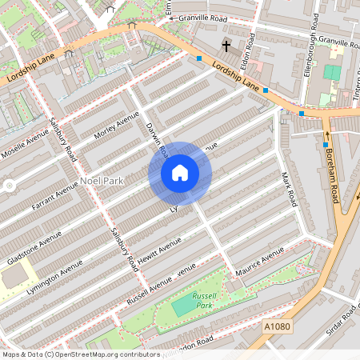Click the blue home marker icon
[x=180, y=173]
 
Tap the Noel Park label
[x=102, y=182]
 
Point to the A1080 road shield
[x=274, y=326]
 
